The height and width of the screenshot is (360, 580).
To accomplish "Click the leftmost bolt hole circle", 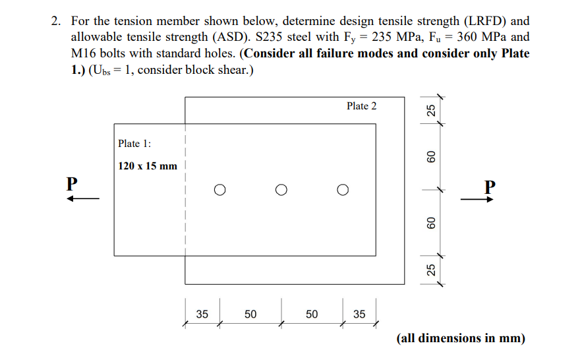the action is [x=219, y=191].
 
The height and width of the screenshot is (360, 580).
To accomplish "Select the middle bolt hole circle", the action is [x=281, y=191].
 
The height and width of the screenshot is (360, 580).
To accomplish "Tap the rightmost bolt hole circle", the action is [x=343, y=191].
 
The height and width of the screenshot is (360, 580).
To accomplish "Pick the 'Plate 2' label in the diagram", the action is [x=362, y=105].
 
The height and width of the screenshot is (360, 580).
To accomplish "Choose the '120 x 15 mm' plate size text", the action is [x=148, y=165].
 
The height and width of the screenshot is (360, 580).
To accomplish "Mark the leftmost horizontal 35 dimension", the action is [x=202, y=315].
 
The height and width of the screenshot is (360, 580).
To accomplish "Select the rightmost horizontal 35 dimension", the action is [x=359, y=315].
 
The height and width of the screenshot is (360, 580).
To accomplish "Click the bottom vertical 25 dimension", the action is [x=431, y=269].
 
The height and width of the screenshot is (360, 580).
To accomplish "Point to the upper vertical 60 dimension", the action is [x=431, y=157].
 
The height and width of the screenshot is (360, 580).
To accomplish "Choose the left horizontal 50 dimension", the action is [x=250, y=315].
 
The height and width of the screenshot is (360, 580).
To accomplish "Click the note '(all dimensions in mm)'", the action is [x=461, y=338].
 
